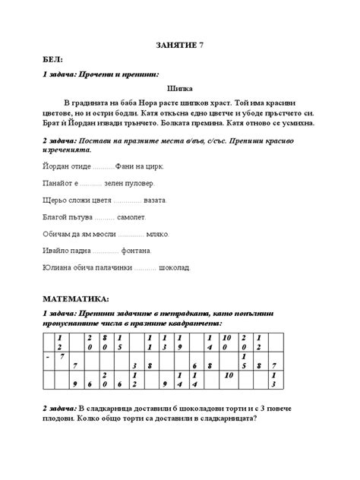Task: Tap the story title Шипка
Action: click(x=180, y=88)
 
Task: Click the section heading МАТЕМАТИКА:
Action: click(x=76, y=299)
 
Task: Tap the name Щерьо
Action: click(x=52, y=201)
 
